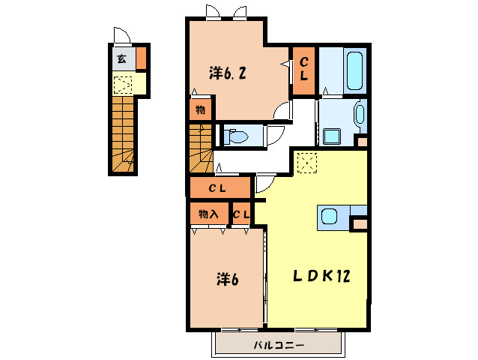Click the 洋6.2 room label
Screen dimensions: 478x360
click(228, 73)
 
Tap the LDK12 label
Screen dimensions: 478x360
click(321, 276)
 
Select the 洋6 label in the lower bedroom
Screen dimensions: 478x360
click(228, 279)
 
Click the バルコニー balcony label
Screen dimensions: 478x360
click(279, 345)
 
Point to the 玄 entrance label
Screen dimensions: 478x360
click(122, 58)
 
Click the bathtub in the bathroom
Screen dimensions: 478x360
click(354, 70)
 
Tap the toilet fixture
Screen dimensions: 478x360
click(235, 136)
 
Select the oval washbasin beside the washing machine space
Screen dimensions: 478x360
click(360, 115)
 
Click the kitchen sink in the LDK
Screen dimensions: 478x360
click(329, 216)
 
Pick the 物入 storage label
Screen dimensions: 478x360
click(208, 214)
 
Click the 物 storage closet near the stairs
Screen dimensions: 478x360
click(200, 109)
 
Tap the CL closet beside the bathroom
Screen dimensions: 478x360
click(303, 70)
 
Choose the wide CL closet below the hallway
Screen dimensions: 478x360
click(220, 188)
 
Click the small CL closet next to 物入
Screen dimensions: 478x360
click(241, 214)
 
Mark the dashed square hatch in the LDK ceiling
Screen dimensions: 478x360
click(307, 163)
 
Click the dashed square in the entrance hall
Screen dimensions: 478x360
click(123, 85)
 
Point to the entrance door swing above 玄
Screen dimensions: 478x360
click(122, 35)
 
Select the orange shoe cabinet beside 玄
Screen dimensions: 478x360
click(141, 58)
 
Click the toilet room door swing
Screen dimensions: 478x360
click(276, 136)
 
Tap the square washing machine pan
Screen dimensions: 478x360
click(332, 136)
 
